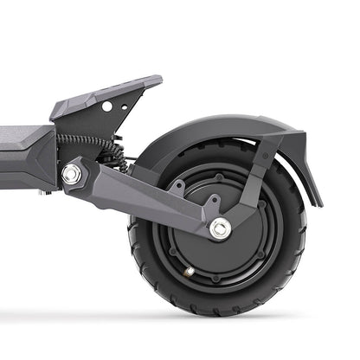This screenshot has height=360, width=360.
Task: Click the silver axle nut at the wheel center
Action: click(220, 228)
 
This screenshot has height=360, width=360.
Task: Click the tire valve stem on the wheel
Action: click(190, 271)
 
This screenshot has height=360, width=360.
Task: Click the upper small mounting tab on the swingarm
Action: click(177, 185)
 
